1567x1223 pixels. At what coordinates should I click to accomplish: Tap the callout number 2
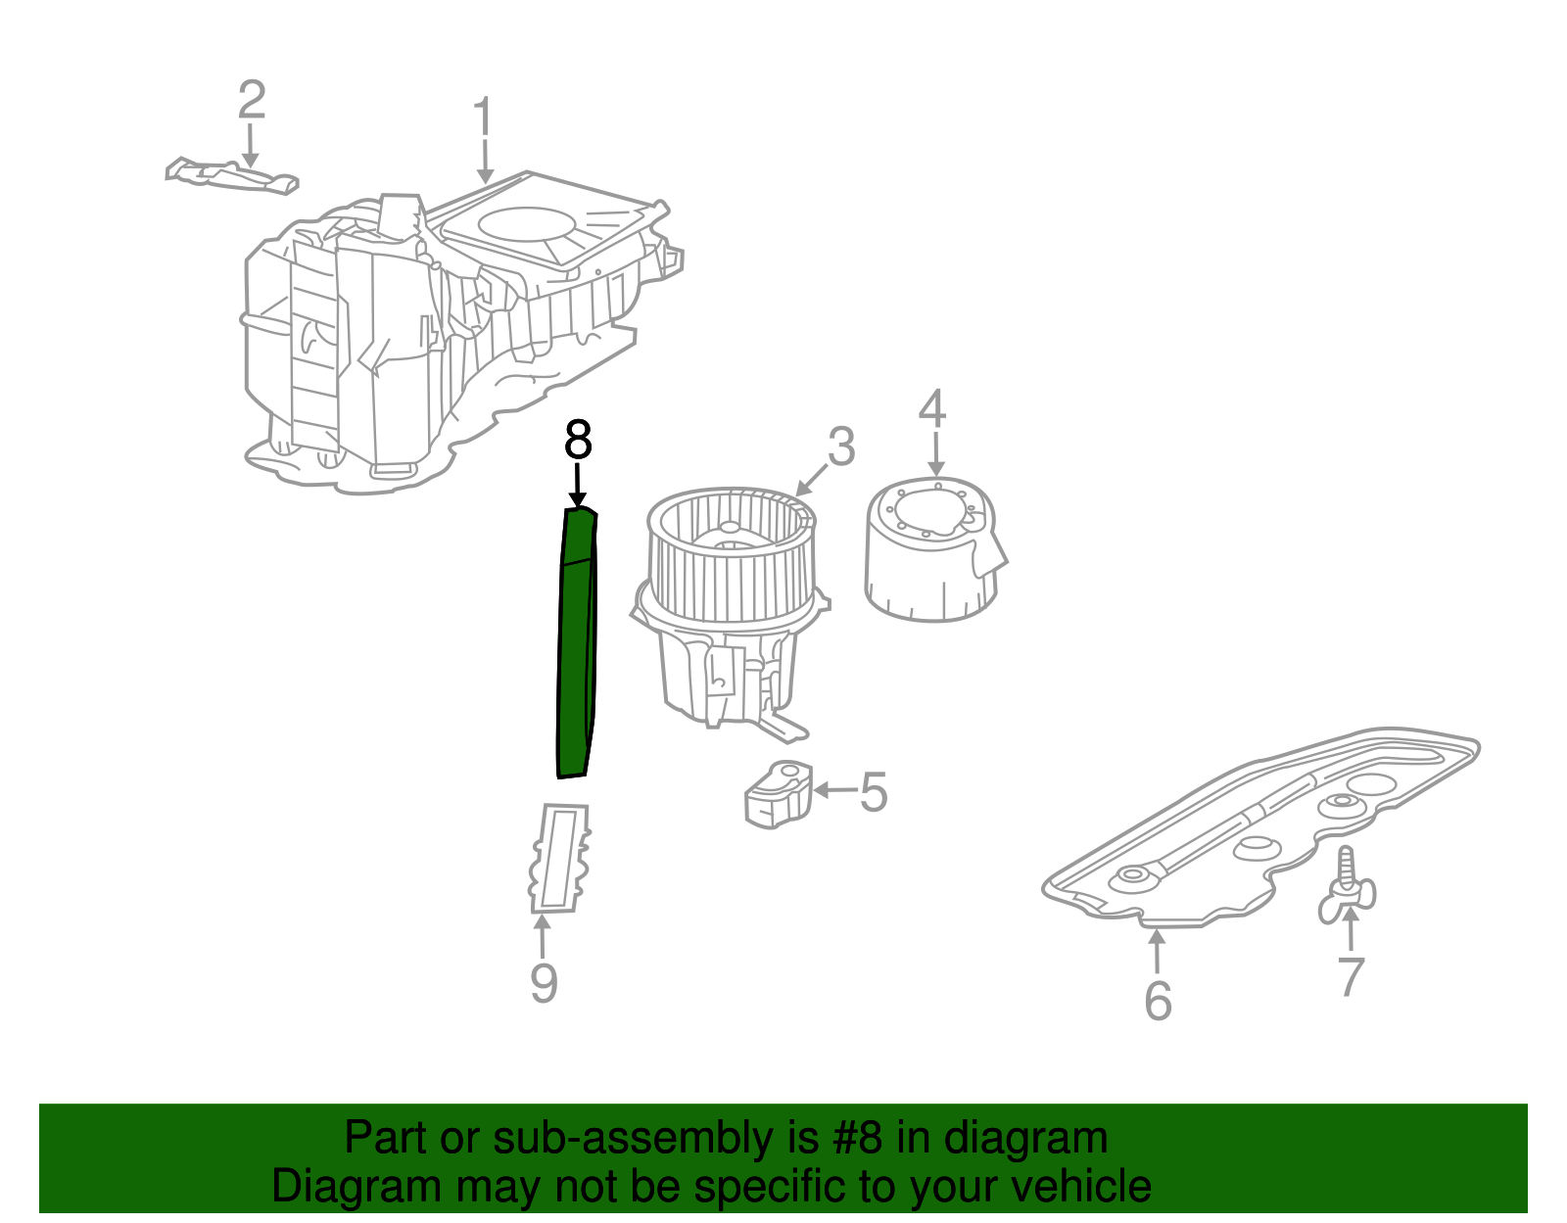pyautogui.click(x=252, y=100)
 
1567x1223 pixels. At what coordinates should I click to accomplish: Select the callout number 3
pyautogui.click(x=841, y=447)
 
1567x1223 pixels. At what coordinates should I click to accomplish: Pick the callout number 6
pyautogui.click(x=1158, y=1000)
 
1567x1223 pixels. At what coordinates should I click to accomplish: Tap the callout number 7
pyautogui.click(x=1351, y=976)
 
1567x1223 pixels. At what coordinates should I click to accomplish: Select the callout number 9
pyautogui.click(x=544, y=982)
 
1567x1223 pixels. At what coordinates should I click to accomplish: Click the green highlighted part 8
pyautogui.click(x=575, y=646)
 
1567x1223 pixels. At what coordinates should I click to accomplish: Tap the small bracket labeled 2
pyautogui.click(x=232, y=175)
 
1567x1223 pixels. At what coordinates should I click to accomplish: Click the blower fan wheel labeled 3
pyautogui.click(x=730, y=558)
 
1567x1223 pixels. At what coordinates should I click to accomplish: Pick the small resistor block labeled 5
pyautogui.click(x=779, y=793)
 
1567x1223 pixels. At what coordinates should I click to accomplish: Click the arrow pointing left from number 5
pyautogui.click(x=833, y=790)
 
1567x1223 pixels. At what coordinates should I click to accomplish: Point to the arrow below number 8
pyautogui.click(x=578, y=487)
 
